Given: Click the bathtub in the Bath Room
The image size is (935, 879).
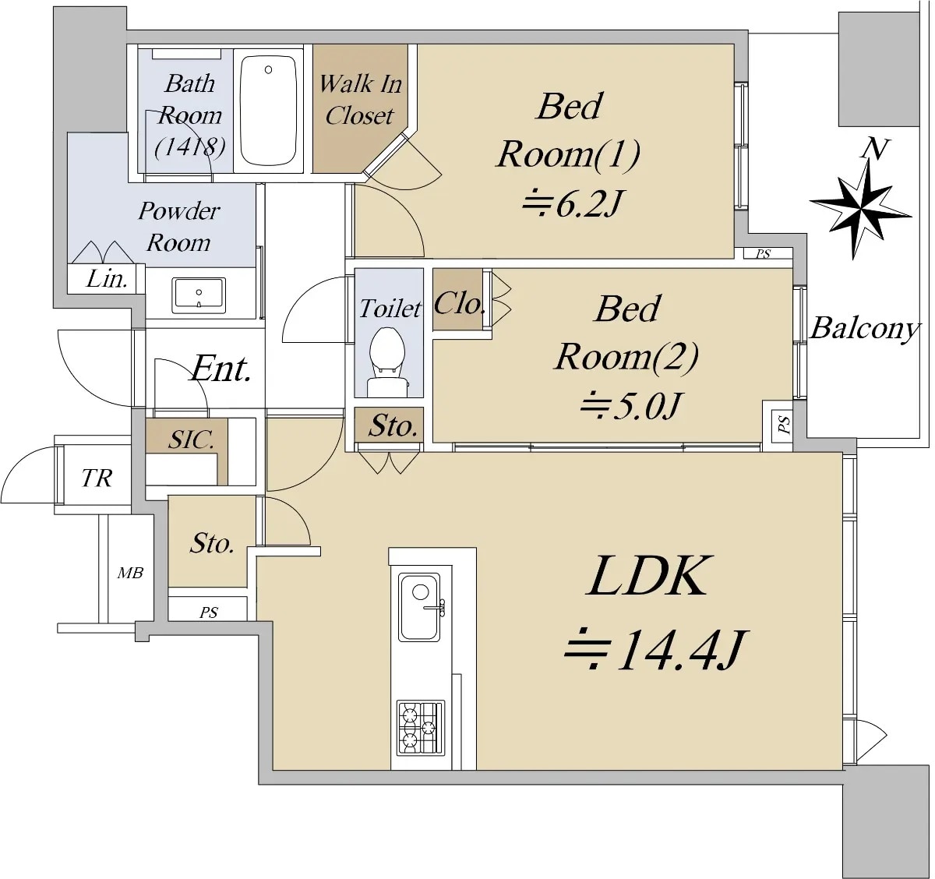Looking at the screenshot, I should pos(268,110).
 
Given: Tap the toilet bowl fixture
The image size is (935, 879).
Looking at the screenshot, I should pos(386,358).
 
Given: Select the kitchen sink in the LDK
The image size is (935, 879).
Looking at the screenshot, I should pos(420,606).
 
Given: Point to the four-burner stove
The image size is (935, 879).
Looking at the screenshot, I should pos(420,728).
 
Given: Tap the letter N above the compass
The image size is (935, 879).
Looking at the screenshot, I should pos(875,148).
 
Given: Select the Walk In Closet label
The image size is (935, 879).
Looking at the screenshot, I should pos(360,100).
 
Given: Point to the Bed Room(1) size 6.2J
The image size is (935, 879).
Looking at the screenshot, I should pos(573,203).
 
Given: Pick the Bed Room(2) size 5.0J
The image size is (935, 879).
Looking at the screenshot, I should pos(631,405).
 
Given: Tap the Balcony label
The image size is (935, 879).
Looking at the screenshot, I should pos(865,328).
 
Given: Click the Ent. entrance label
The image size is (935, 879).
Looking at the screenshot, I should pos(221,369).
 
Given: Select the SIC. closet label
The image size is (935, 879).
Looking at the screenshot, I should pos(191,439).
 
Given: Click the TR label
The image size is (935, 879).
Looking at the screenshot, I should pos(97,478).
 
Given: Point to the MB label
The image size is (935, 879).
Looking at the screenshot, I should pos(130,574).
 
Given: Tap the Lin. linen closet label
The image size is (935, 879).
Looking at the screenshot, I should pos(107,279).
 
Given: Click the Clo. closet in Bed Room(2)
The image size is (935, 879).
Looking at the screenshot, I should pos(459,303).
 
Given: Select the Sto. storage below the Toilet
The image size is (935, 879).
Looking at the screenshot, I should pos(392,425).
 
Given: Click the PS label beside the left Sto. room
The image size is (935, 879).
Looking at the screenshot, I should pos(208,612).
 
